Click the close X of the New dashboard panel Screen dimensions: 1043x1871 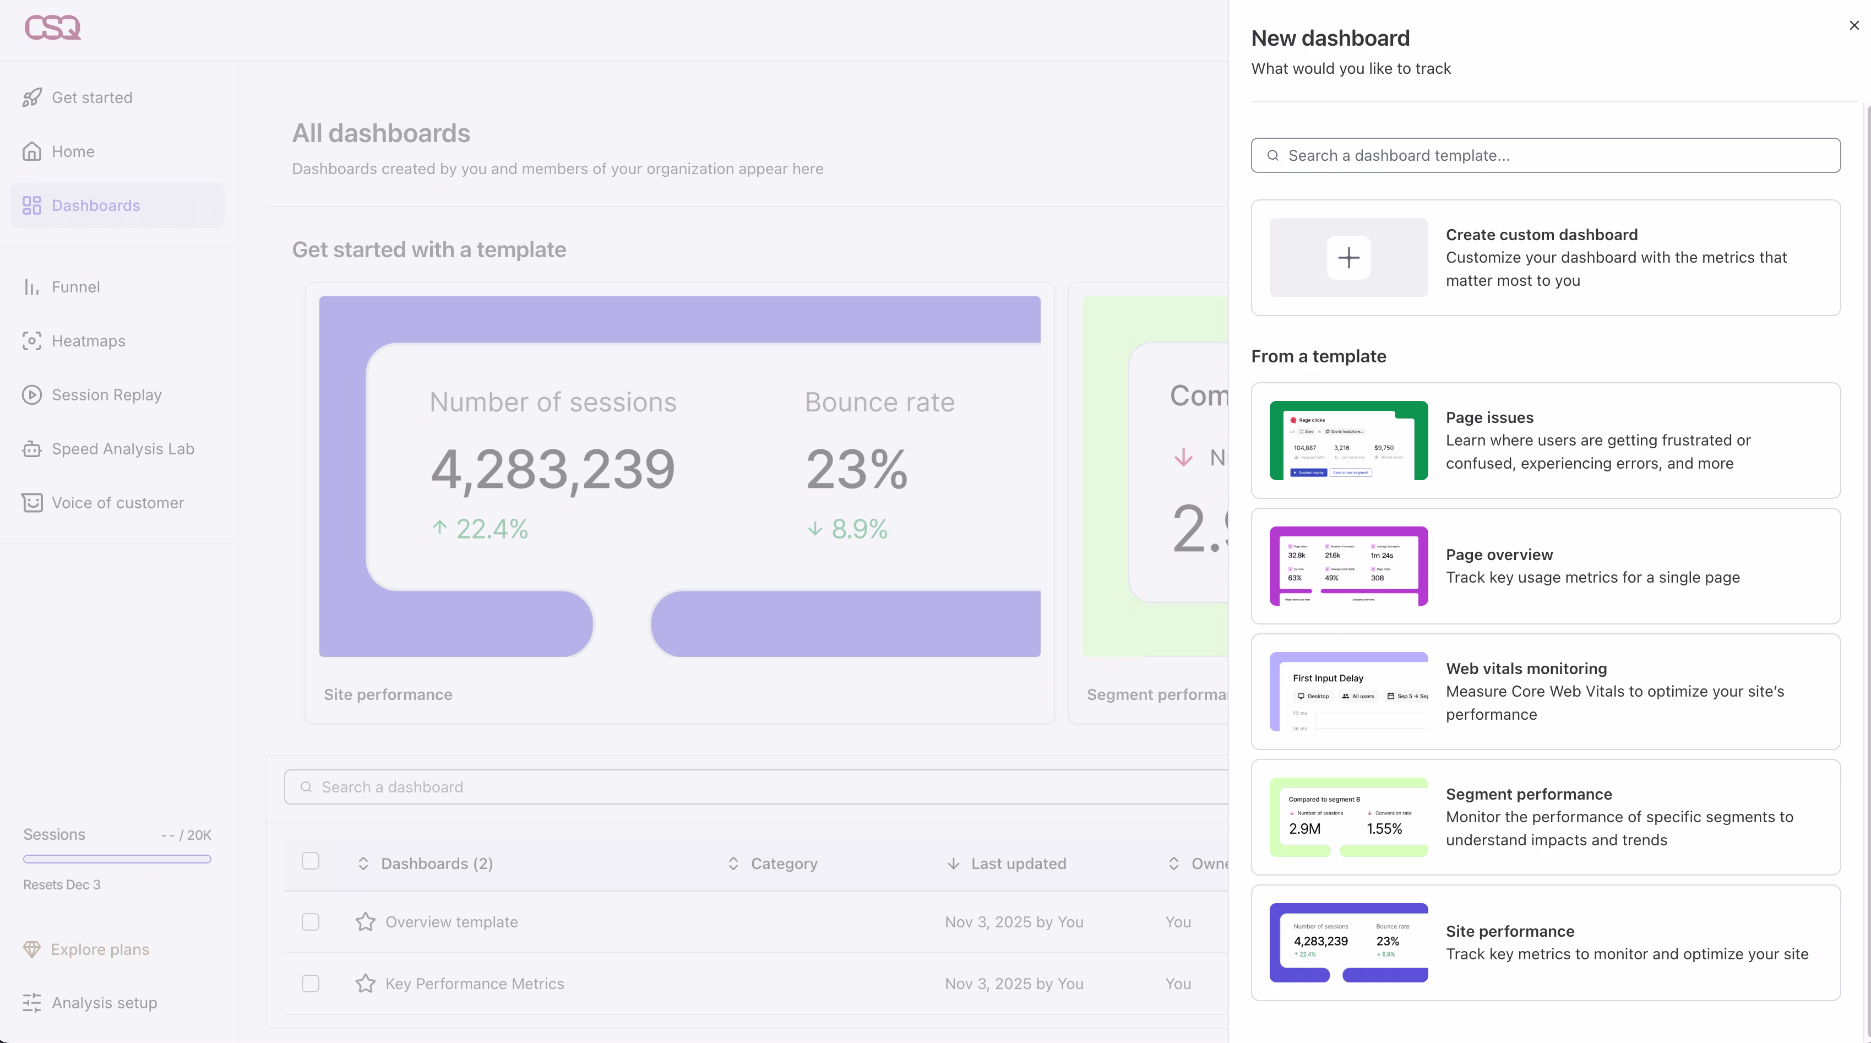tap(1853, 25)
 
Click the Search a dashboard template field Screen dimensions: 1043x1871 tap(1546, 155)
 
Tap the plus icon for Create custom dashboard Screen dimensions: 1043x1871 tap(1348, 258)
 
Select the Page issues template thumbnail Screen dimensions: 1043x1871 tap(1348, 440)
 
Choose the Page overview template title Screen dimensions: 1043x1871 tap(1499, 554)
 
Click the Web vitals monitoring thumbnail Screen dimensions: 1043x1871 tap(1348, 692)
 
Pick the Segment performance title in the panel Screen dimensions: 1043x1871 tap(1528, 794)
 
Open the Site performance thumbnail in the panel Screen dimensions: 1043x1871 tap(1348, 942)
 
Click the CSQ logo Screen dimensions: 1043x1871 tap(52, 28)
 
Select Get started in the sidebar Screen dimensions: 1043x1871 tap(91, 97)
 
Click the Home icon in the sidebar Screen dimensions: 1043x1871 tap(32, 151)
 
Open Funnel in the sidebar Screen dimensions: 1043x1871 tap(75, 287)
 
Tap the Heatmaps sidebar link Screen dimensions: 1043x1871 tap(88, 341)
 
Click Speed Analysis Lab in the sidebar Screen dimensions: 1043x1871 tap(123, 449)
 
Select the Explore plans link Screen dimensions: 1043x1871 tap(100, 949)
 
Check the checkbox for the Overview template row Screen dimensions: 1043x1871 tap(310, 922)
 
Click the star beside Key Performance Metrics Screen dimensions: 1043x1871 tap(366, 984)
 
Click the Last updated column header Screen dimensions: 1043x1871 tap(1018, 863)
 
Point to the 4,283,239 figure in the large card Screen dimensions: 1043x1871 tap(553, 469)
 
